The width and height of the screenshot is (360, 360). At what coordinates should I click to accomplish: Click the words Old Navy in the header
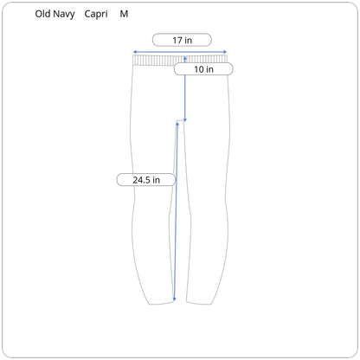(55, 14)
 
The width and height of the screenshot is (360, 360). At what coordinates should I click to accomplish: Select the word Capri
(96, 15)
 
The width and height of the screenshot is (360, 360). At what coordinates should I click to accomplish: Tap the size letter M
(124, 14)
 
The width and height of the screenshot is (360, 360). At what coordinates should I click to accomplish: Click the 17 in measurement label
(182, 40)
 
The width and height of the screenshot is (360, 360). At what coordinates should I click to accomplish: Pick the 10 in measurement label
(203, 69)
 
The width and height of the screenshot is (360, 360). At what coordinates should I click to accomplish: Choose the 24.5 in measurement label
(146, 180)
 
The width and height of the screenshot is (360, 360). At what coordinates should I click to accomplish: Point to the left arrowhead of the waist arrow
(134, 52)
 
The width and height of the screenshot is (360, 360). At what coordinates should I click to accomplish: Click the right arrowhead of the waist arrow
(225, 52)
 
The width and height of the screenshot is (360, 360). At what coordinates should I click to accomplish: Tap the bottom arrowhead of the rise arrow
(185, 120)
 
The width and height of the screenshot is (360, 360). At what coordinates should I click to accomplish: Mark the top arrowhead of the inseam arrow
(177, 124)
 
